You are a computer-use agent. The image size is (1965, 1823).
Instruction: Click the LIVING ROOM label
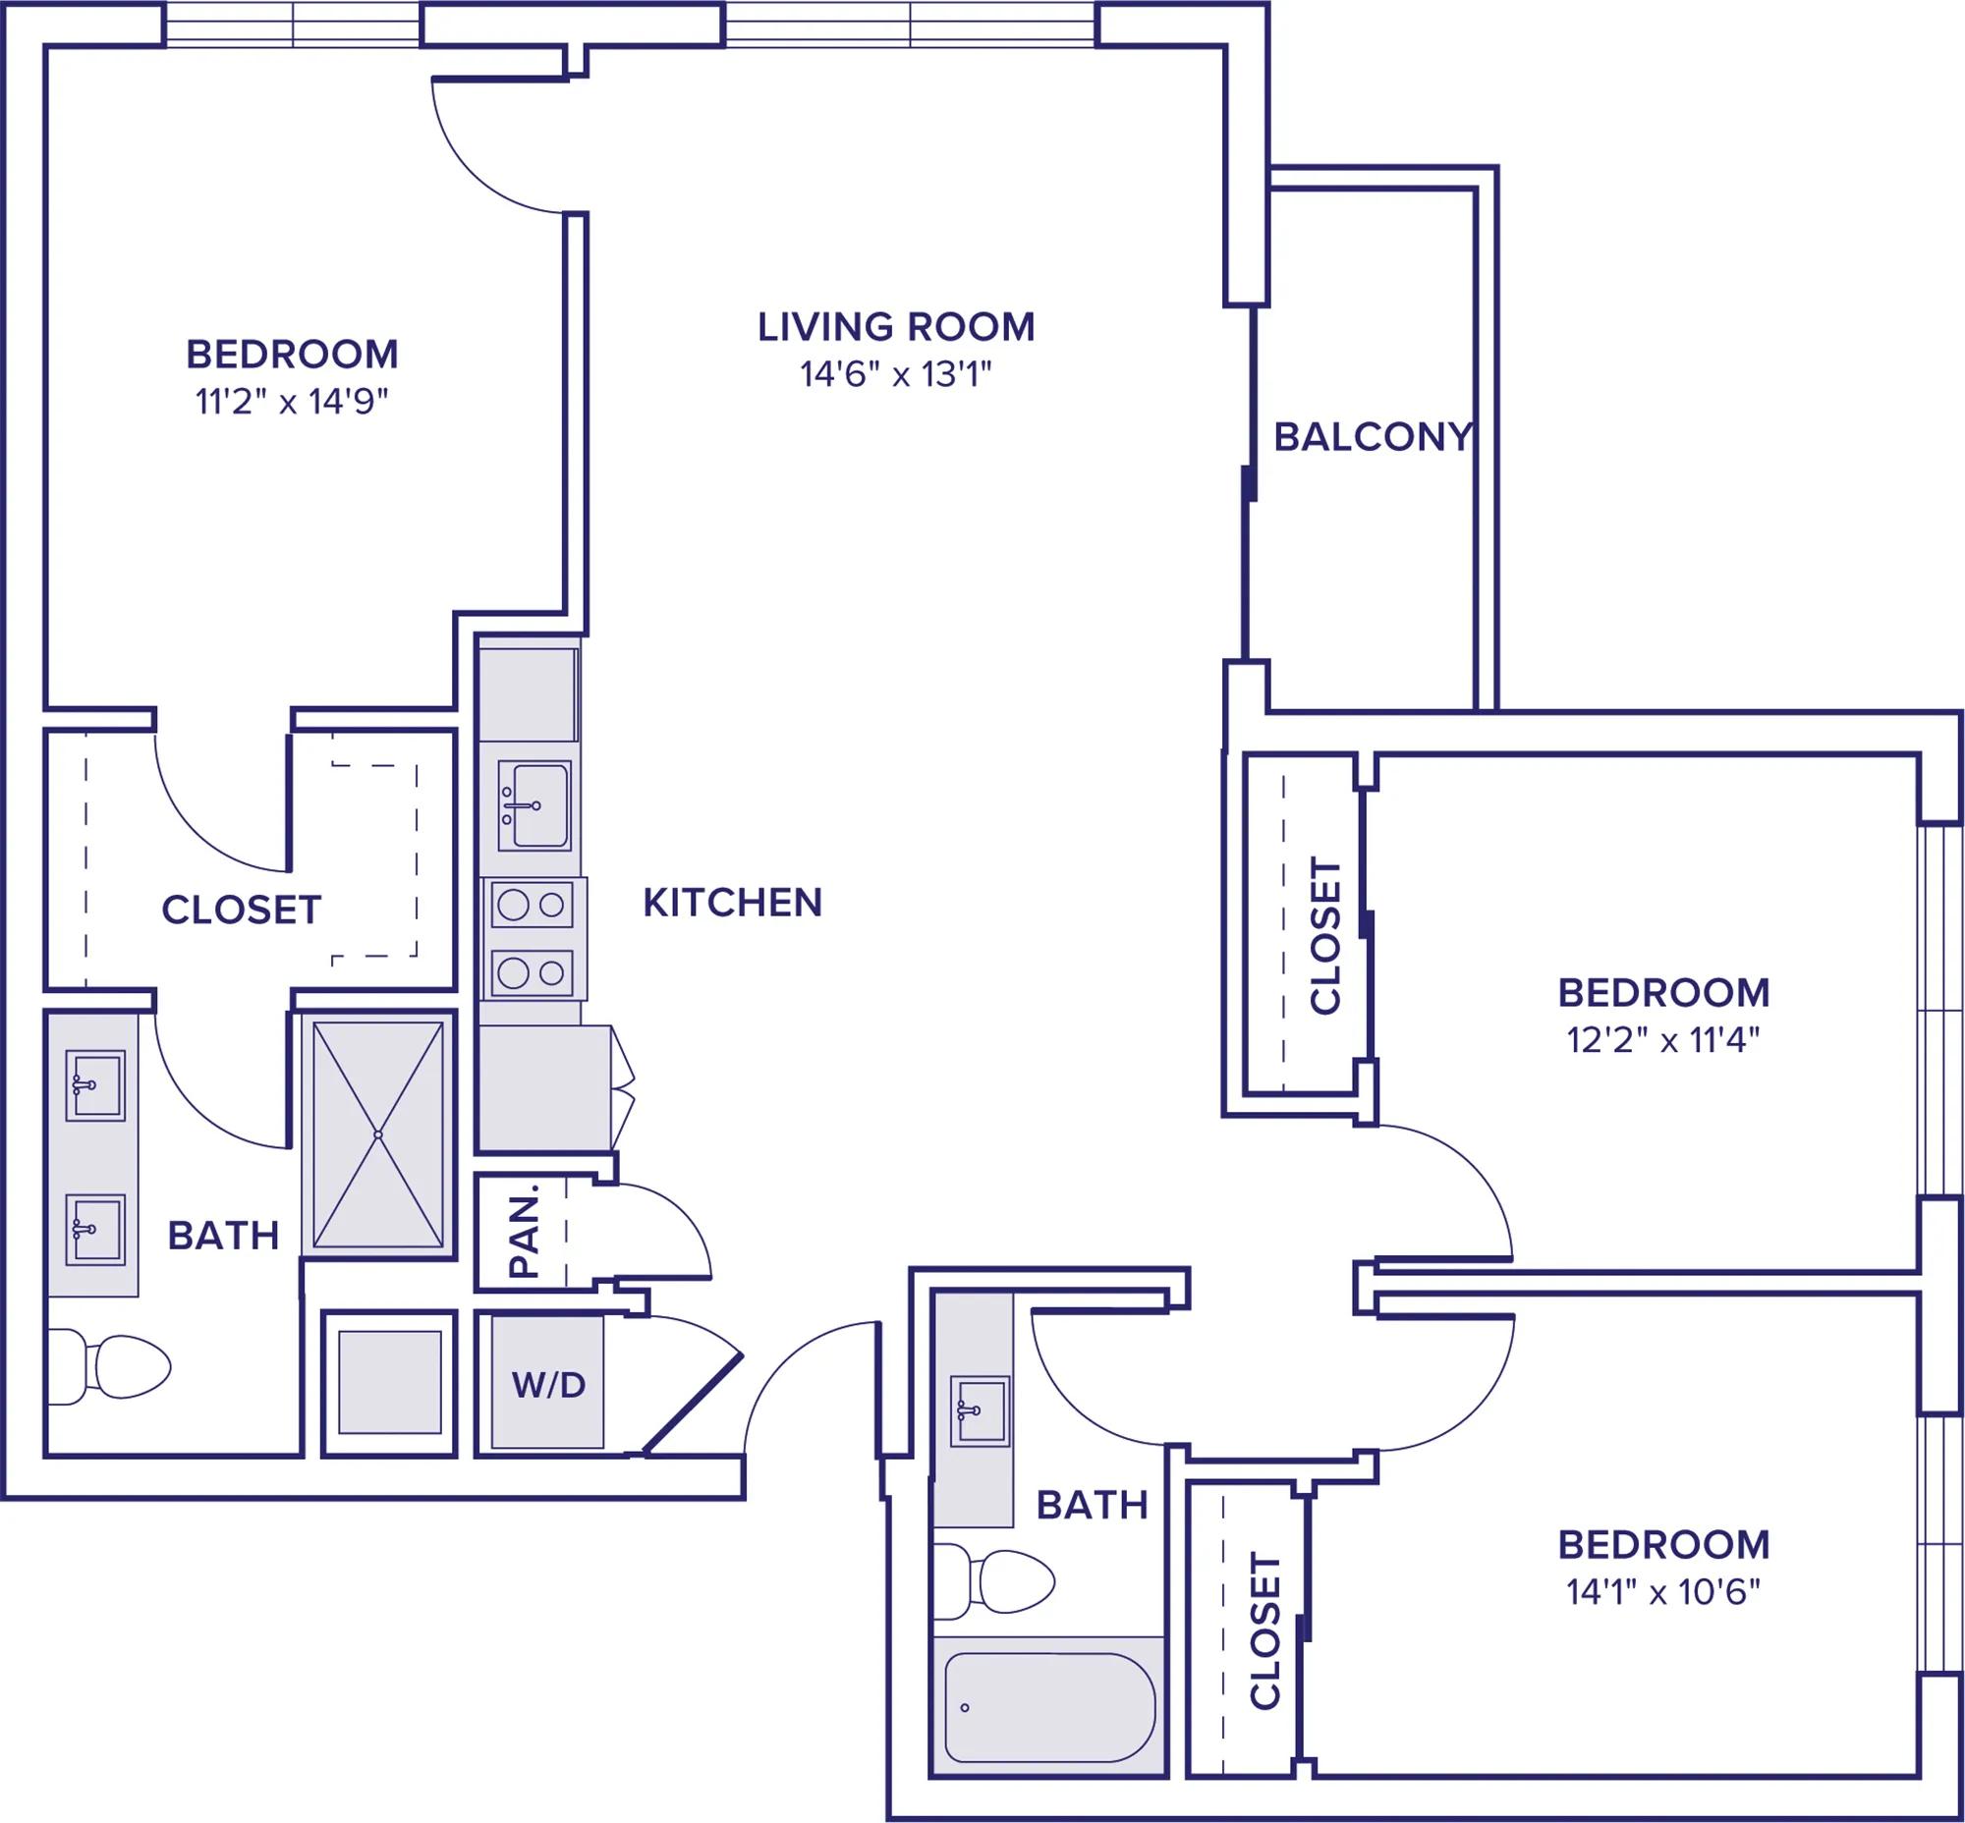click(x=896, y=326)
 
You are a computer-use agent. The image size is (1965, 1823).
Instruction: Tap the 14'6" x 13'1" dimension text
click(x=895, y=375)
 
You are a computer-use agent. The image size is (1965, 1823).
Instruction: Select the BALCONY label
click(x=1373, y=437)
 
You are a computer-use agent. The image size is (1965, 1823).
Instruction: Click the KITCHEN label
click(x=732, y=903)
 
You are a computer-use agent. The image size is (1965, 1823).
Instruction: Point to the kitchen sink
click(x=533, y=805)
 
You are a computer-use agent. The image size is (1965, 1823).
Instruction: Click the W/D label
click(x=549, y=1385)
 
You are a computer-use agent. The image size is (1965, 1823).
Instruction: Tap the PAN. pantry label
click(x=524, y=1231)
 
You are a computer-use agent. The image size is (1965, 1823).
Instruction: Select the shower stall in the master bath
click(x=378, y=1134)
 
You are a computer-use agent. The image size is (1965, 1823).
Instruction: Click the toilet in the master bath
click(x=108, y=1366)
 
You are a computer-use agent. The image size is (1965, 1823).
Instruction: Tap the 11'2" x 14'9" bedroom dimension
click(x=292, y=403)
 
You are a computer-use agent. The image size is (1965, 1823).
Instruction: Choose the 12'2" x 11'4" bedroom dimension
click(x=1664, y=1040)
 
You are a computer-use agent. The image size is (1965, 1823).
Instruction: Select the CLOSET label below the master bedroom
click(x=242, y=910)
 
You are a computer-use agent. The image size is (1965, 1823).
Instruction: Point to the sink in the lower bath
click(x=980, y=1411)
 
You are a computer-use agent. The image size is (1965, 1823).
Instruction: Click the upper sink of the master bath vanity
click(x=95, y=1085)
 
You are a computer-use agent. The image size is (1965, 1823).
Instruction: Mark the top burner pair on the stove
click(x=533, y=905)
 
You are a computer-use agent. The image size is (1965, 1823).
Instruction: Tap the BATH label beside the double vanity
click(x=223, y=1235)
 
